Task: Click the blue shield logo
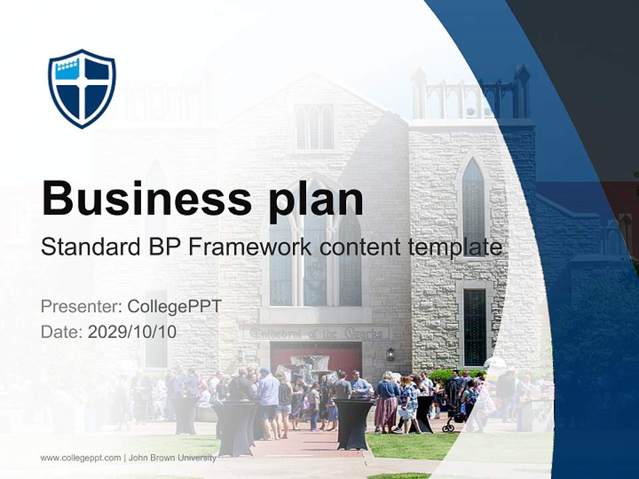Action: pos(82,88)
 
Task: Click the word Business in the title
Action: pos(146,198)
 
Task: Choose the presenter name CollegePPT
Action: pos(174,306)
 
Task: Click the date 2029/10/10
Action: pos(132,331)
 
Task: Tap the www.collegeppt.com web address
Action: pos(81,458)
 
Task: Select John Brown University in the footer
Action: pos(172,458)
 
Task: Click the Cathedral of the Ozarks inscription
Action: pos(316,333)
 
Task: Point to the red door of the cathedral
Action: pos(316,358)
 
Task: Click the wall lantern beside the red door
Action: pos(391,353)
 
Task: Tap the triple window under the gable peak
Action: pos(314,127)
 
